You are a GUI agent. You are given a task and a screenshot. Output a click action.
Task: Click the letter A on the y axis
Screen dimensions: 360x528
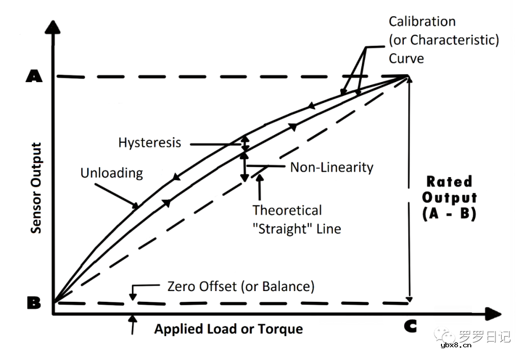tap(34, 77)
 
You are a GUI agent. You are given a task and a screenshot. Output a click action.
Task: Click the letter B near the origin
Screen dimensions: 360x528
tap(34, 303)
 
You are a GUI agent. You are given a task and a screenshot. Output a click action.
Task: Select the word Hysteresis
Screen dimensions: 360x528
tap(150, 143)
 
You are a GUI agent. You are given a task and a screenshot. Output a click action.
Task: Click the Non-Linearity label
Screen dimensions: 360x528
tap(331, 167)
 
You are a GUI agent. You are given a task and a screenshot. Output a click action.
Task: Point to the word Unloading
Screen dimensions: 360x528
tap(111, 173)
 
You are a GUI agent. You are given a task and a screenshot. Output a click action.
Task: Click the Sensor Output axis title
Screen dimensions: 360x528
tap(36, 188)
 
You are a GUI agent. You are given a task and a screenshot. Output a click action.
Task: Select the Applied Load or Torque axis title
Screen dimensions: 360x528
tap(228, 329)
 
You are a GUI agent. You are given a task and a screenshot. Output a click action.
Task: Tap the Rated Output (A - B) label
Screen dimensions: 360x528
tap(449, 198)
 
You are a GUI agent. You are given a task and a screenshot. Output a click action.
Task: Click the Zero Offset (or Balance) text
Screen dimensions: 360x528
tap(241, 286)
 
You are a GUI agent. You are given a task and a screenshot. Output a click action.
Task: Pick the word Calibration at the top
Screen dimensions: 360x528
tap(422, 22)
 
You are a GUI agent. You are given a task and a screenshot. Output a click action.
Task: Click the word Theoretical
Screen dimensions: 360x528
tap(287, 210)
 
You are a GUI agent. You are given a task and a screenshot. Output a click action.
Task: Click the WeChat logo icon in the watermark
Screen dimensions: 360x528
tap(446, 336)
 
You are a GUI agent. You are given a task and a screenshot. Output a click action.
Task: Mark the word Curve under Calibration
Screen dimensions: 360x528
tap(406, 58)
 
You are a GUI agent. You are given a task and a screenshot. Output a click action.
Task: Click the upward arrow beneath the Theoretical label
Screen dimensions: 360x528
tap(259, 186)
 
